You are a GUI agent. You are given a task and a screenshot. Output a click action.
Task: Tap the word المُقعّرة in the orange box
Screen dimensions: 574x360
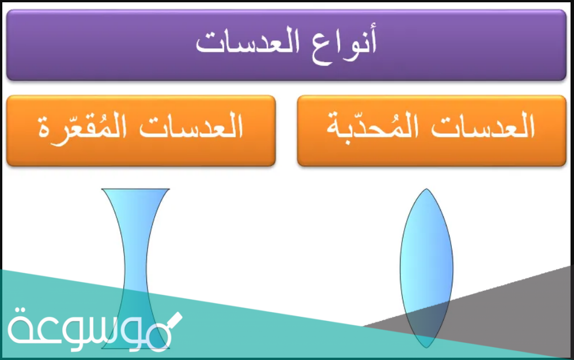point(82,128)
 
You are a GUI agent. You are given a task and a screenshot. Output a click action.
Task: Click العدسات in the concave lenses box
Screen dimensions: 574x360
point(191,126)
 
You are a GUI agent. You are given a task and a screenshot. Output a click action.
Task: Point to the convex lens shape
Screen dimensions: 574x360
point(426,268)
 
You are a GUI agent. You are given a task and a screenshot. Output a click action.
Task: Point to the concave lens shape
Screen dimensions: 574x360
point(135,268)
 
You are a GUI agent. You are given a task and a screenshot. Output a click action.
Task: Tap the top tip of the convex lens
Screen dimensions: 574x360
point(426,189)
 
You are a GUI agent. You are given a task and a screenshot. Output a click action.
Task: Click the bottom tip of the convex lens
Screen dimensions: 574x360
point(426,347)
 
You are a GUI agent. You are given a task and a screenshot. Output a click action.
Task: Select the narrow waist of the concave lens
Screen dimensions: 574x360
point(135,269)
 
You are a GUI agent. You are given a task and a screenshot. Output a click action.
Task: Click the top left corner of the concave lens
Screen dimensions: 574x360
point(102,189)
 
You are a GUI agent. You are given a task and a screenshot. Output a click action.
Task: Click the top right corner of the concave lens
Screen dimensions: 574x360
point(169,189)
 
